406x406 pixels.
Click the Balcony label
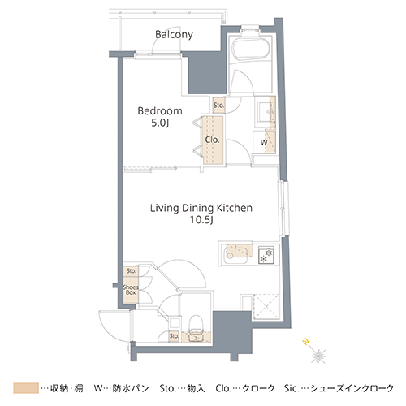[x=174, y=34]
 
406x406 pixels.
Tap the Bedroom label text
[x=160, y=111]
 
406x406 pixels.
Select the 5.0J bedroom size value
[x=160, y=123]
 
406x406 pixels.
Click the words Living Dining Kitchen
[x=201, y=208]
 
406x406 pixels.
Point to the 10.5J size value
[x=201, y=220]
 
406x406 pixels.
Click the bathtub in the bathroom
[x=252, y=49]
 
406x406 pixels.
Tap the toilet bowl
[x=195, y=322]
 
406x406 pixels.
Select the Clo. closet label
[x=212, y=140]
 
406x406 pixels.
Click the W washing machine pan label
[x=264, y=142]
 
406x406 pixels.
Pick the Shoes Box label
[x=131, y=290]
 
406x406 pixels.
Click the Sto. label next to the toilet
[x=174, y=336]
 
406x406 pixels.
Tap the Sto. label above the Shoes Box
[x=131, y=270]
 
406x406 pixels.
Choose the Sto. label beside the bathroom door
[x=218, y=105]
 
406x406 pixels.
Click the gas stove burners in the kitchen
[x=266, y=256]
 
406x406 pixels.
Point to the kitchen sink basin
[x=236, y=254]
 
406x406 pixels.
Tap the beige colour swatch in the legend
[x=26, y=388]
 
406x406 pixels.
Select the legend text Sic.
[x=292, y=388]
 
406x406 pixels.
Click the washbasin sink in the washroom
[x=266, y=111]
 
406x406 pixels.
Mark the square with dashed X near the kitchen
[x=266, y=307]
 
